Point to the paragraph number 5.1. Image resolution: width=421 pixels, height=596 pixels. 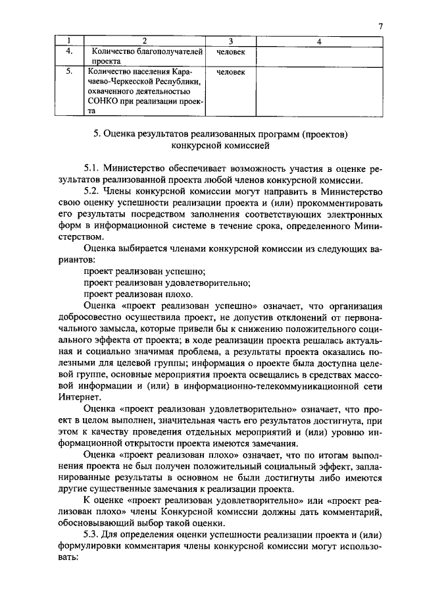(93, 169)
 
